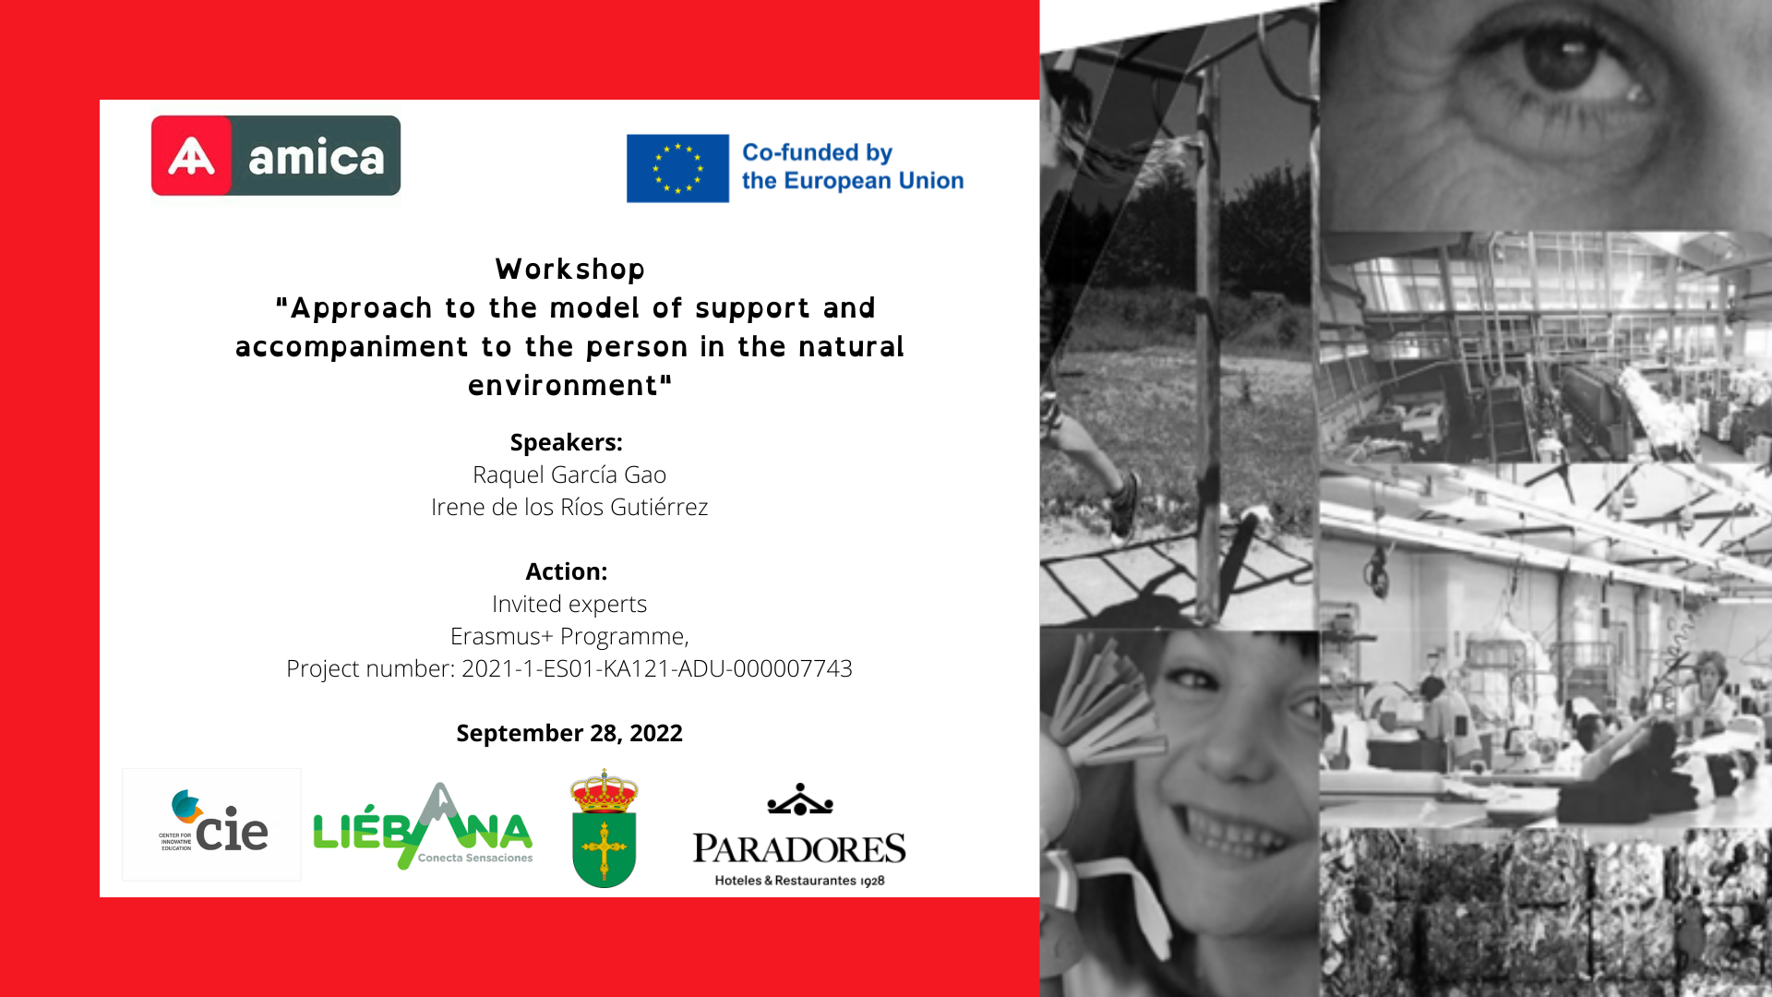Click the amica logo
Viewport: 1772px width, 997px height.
pos(276,155)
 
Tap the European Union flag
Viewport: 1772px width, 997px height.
pos(677,168)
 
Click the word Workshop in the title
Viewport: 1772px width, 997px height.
pos(570,269)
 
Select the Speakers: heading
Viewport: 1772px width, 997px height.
pos(567,442)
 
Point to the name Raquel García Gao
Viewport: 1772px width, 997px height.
pos(569,474)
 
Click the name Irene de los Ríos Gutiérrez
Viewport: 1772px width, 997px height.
pos(569,507)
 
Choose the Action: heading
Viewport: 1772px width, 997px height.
pos(567,571)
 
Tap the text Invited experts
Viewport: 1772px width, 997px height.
pos(569,604)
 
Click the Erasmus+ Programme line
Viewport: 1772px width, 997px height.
pos(569,636)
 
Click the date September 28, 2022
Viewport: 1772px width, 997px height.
pos(569,733)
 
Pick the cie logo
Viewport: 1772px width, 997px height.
pos(212,823)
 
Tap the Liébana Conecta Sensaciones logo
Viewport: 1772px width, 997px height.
pos(424,826)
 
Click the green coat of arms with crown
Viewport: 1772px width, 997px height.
pos(605,828)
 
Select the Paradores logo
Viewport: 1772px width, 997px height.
pos(799,835)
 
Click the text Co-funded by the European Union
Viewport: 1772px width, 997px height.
pos(853,166)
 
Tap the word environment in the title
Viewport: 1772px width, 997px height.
pos(563,385)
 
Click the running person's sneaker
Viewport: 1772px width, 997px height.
pos(1123,504)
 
